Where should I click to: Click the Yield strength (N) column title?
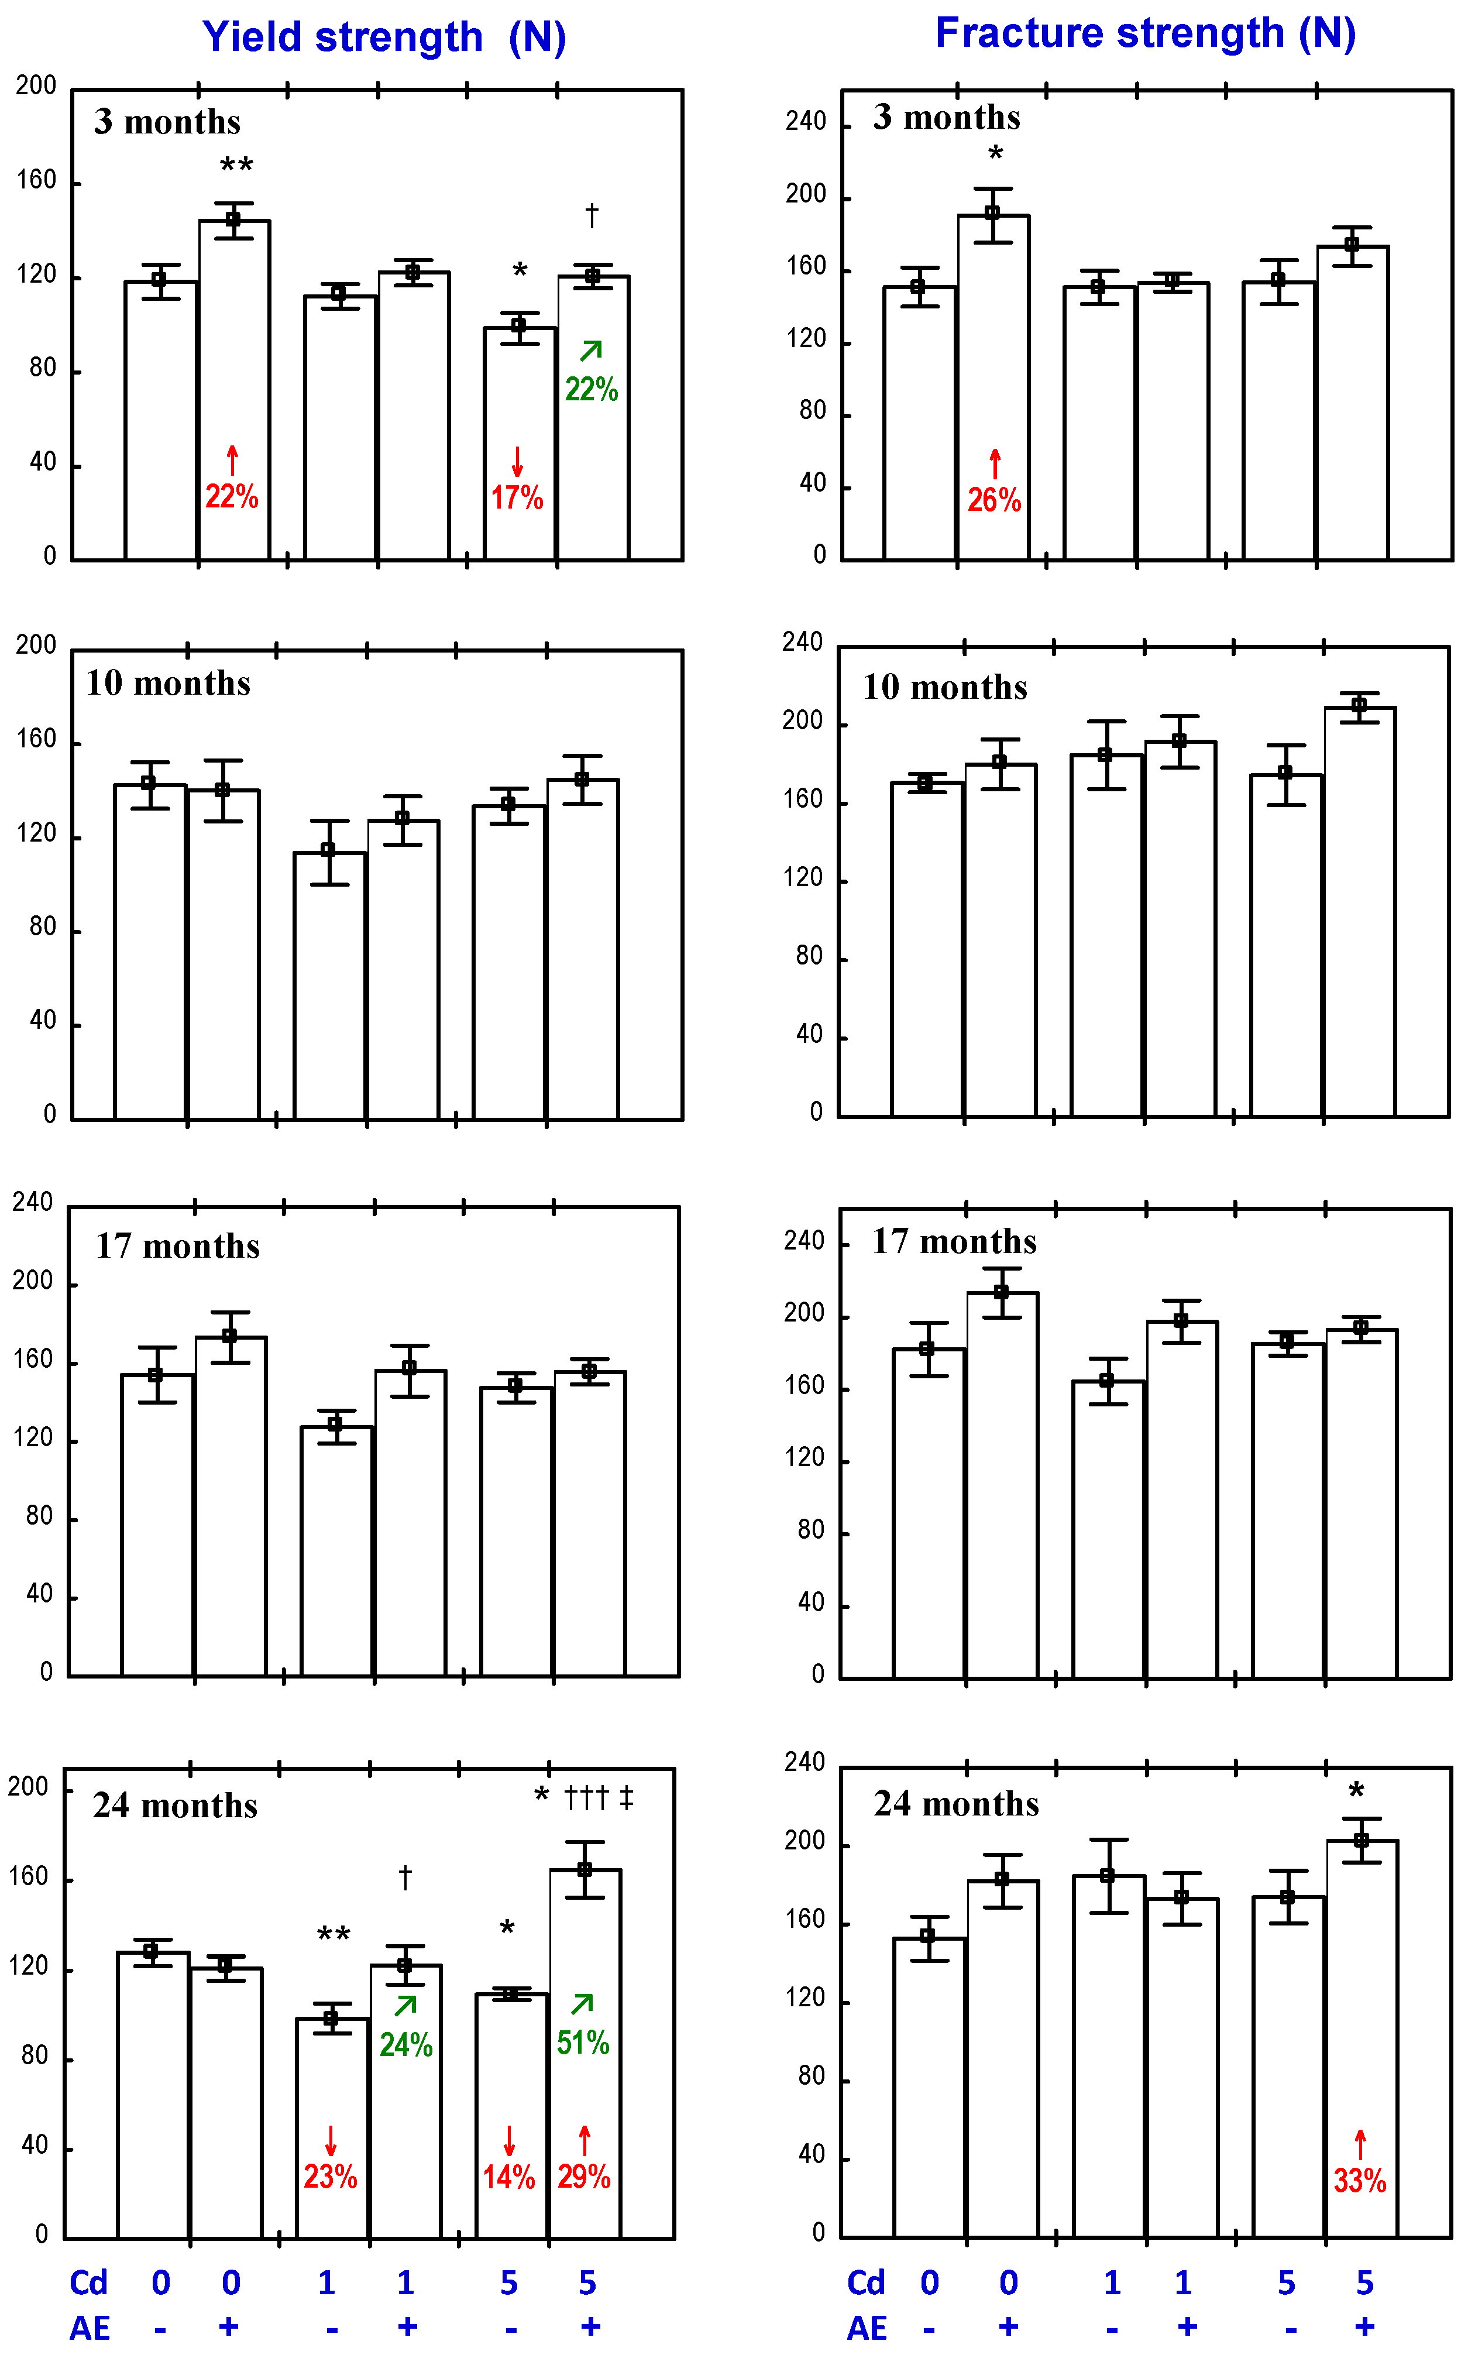pos(383,37)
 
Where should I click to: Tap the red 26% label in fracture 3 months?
pos(994,500)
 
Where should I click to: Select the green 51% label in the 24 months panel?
pos(583,2043)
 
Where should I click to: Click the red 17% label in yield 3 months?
pos(517,497)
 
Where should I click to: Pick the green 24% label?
pos(406,2044)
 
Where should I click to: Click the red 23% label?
pos(330,2177)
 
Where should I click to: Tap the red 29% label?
pos(583,2177)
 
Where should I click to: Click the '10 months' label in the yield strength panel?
pos(168,683)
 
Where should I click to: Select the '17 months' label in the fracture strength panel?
pos(954,1241)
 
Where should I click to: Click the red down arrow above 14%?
pos(509,2140)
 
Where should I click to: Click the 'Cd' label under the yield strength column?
pos(88,2283)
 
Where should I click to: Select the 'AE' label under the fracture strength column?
pos(867,2328)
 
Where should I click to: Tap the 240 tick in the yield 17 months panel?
pos(32,1202)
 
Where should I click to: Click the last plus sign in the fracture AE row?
pos(1365,2327)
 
